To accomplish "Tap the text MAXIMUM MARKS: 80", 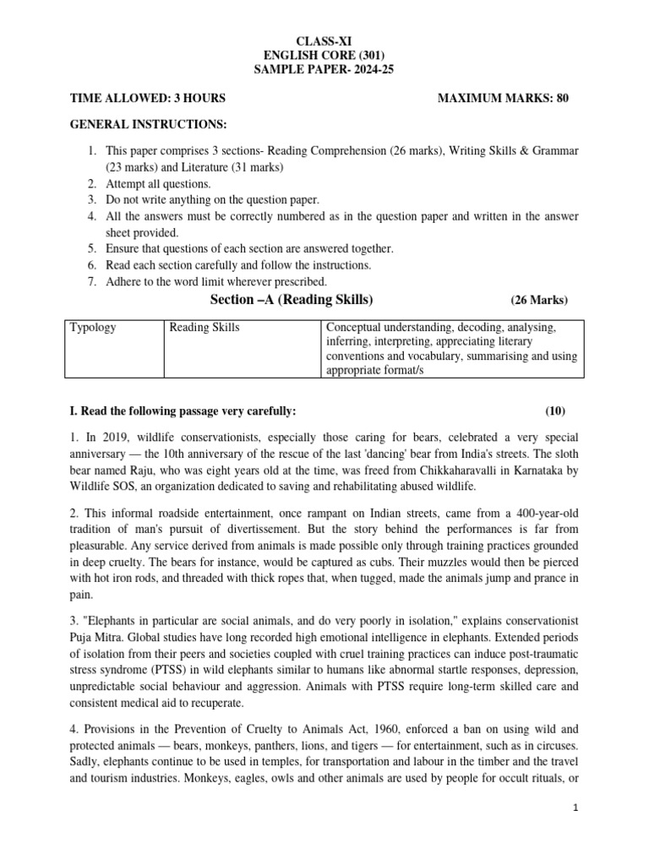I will [503, 98].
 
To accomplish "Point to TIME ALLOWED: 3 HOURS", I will [146, 98].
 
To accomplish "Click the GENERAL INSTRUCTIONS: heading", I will [148, 125].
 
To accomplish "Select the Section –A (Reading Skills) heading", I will [291, 300].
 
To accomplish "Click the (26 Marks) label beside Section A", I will [539, 301].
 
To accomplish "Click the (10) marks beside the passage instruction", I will [555, 411].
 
